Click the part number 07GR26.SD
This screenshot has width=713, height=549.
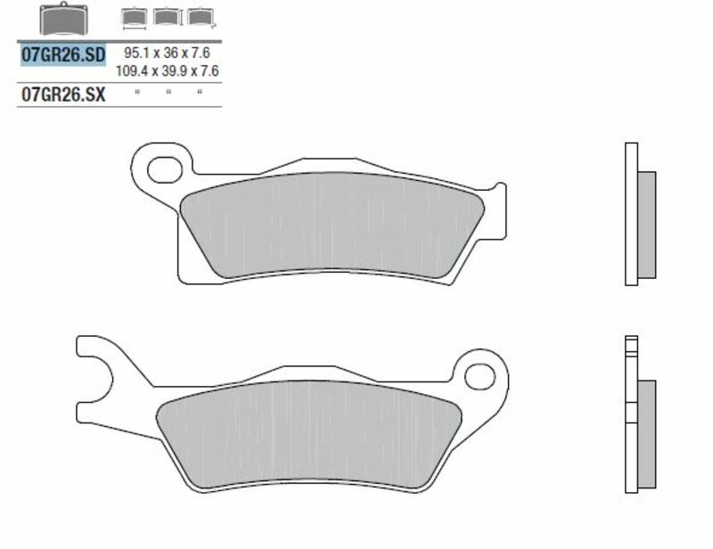tap(62, 54)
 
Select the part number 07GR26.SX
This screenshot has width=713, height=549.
tap(62, 94)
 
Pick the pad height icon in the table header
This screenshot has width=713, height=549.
tap(165, 18)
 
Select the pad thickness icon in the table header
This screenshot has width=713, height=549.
tap(197, 18)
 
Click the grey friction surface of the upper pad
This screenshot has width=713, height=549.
tap(330, 223)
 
